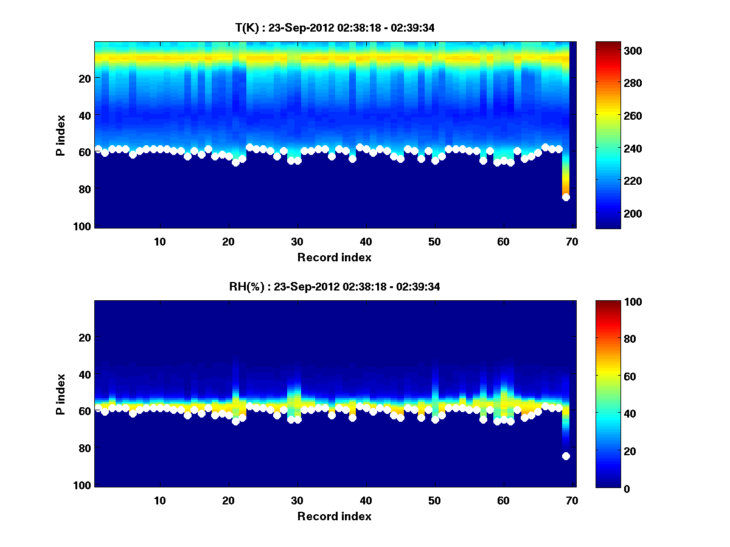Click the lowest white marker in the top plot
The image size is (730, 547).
[x=566, y=197]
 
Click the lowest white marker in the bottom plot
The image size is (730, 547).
[x=566, y=456]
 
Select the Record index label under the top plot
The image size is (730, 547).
[x=334, y=257]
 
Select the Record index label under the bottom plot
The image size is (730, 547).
[x=334, y=516]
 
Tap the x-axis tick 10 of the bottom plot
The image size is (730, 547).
[x=159, y=500]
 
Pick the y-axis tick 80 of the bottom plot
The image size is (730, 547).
[x=86, y=449]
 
